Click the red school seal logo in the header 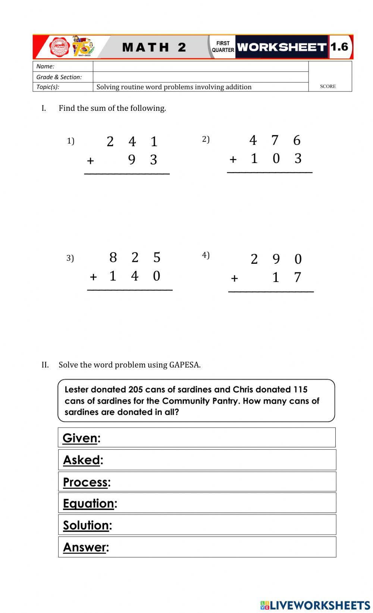(x=60, y=47)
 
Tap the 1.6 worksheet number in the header (x=339, y=47)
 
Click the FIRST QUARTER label (x=223, y=47)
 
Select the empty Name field (x=200, y=66)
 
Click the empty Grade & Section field (x=200, y=77)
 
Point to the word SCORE (x=328, y=86)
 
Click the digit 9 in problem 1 (x=132, y=160)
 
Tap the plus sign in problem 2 (x=233, y=159)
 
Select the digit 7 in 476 (x=275, y=140)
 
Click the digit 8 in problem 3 (x=113, y=257)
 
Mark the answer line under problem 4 (x=271, y=291)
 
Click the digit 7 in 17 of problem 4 (x=297, y=277)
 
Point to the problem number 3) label (x=70, y=258)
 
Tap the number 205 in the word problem (x=136, y=390)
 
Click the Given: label (x=81, y=438)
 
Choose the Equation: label (x=90, y=503)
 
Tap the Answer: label (x=86, y=547)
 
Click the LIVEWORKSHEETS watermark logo (x=315, y=605)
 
